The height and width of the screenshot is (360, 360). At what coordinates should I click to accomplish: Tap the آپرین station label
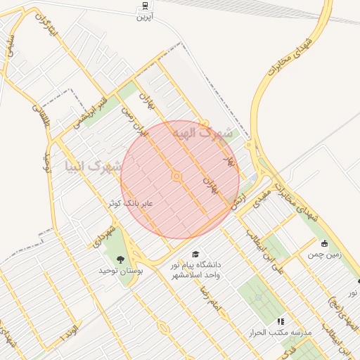point(145,15)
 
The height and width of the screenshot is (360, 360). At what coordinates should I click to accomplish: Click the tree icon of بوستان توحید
point(120,259)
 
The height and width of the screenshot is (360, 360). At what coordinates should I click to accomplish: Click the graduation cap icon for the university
point(195,254)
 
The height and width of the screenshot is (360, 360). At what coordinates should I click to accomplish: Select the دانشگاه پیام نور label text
point(196,265)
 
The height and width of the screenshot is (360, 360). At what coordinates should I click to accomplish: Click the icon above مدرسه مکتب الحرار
point(281,321)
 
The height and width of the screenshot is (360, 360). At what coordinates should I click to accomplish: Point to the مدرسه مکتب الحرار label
point(275,331)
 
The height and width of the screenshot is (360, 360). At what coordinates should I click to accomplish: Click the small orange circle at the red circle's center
point(177,176)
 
